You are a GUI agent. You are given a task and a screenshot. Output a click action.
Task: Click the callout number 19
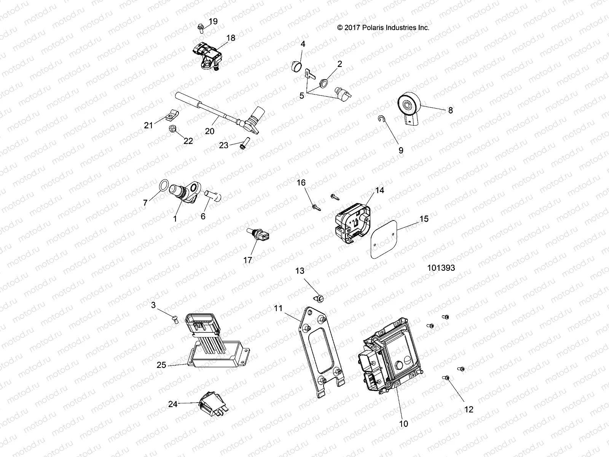coord(213,21)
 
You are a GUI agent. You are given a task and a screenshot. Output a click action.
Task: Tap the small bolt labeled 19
coord(200,27)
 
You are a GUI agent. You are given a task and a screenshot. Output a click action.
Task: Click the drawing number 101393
coord(441,268)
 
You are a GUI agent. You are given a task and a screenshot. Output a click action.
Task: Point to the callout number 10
coord(403,423)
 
